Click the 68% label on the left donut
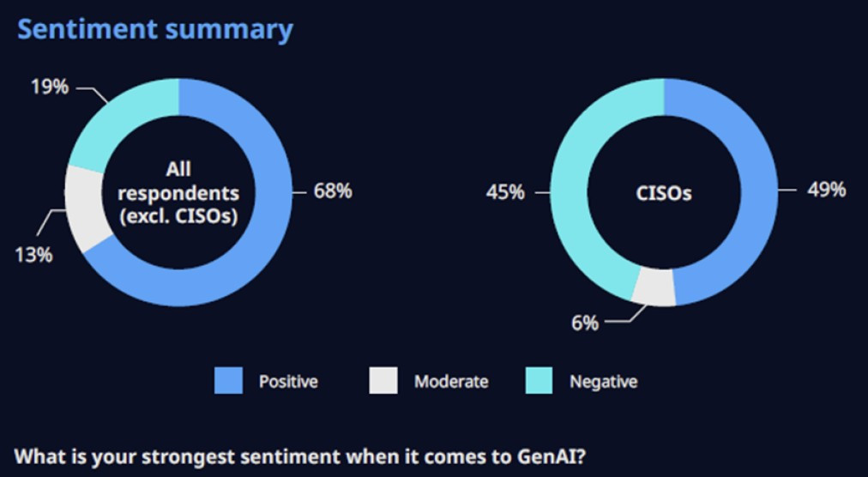(332, 191)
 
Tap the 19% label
(49, 87)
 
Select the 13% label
(33, 255)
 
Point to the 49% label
(826, 190)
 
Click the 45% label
(505, 192)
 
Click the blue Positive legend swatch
(229, 381)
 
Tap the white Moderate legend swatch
(383, 381)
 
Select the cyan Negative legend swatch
(539, 381)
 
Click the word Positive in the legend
(288, 382)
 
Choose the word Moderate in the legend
(451, 382)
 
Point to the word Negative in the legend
(604, 382)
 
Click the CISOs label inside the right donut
(665, 193)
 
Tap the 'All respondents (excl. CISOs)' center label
(178, 192)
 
